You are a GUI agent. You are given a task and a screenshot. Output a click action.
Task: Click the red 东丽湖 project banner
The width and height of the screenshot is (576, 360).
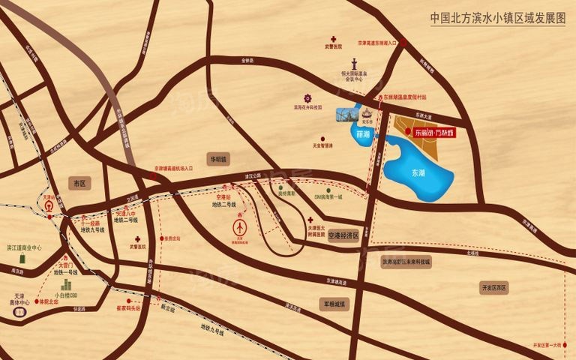pos(435,132)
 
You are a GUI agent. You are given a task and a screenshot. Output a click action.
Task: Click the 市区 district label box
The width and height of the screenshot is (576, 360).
pos(77,183)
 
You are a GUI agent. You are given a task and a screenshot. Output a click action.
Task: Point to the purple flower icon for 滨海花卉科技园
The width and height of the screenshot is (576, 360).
pos(307,97)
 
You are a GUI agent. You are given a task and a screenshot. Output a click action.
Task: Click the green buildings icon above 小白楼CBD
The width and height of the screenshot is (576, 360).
pos(66,285)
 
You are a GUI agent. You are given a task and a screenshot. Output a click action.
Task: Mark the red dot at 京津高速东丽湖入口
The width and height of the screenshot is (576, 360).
pos(404,44)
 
